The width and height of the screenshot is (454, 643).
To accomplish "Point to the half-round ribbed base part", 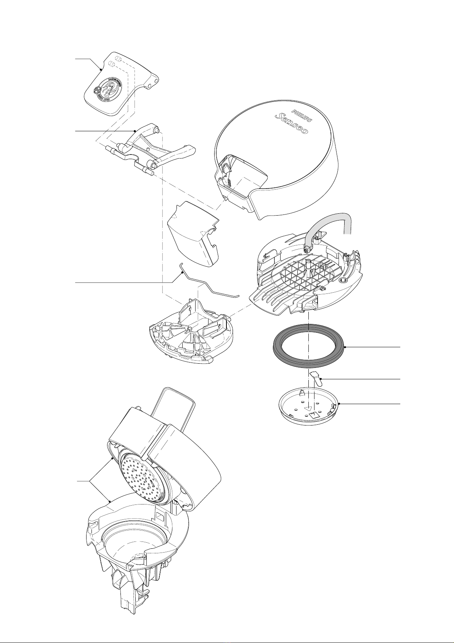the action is click(x=187, y=336).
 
